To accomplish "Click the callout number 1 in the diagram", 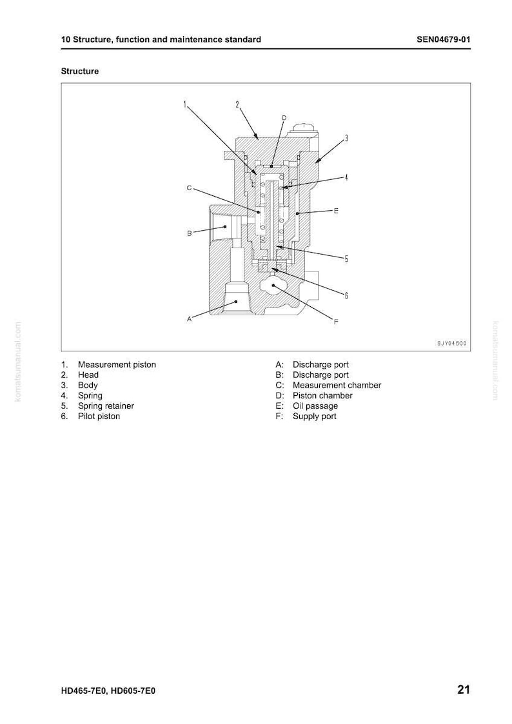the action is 185,104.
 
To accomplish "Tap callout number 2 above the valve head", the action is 237,104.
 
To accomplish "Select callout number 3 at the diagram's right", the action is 346,138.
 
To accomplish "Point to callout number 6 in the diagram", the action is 346,295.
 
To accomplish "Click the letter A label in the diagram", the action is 189,318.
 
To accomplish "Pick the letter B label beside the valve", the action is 190,233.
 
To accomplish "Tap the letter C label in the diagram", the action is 189,188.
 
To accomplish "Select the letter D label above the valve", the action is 284,118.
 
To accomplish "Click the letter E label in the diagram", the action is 336,211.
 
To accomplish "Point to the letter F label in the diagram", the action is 336,322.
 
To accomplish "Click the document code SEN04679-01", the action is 443,39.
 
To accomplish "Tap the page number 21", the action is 464,689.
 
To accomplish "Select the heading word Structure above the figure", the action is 80,71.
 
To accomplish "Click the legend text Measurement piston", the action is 117,364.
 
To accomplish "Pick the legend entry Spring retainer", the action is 106,406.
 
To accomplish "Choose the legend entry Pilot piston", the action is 99,416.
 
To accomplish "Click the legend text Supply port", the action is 315,416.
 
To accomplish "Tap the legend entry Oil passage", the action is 315,406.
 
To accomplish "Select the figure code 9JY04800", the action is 451,343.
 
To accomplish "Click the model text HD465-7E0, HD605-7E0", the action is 108,690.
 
